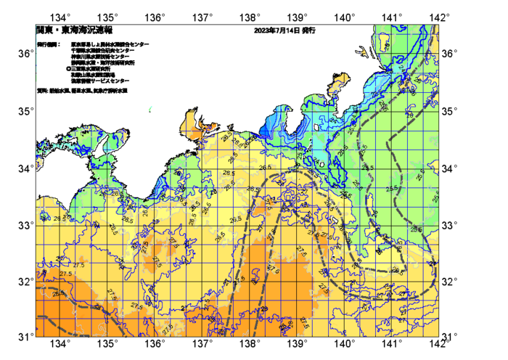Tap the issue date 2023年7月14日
pos(276,31)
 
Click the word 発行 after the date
pos(308,31)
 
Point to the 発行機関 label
pos(47,44)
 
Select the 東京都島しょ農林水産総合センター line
pos(110,44)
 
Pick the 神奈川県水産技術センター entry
pos(101,57)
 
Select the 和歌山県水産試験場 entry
pos(94,75)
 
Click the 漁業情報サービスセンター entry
pos(101,81)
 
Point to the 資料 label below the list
pos(42,91)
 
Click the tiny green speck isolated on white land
pos(150,110)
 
